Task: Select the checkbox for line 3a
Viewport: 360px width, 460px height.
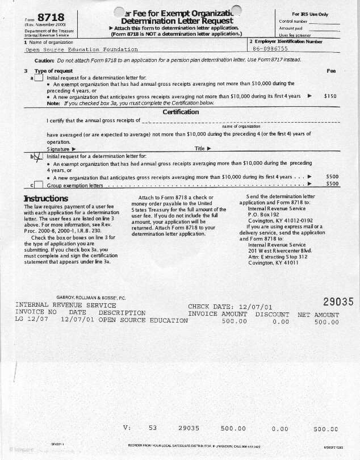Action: click(x=38, y=78)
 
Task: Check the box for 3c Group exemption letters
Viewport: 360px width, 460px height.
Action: click(x=38, y=185)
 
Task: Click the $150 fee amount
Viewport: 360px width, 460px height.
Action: click(x=330, y=97)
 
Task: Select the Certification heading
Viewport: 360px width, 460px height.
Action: click(x=180, y=112)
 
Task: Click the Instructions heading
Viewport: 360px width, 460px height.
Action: click(x=45, y=198)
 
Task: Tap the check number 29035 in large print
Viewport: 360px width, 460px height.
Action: click(x=338, y=302)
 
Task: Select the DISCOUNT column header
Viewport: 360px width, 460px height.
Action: click(x=272, y=314)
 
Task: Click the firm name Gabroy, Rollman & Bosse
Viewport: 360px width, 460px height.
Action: click(x=91, y=298)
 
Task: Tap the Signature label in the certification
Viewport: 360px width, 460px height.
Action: click(x=59, y=149)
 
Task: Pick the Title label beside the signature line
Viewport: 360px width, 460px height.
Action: click(x=199, y=149)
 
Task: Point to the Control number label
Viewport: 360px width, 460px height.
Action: click(x=293, y=21)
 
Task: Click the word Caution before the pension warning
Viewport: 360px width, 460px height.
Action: click(x=44, y=60)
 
